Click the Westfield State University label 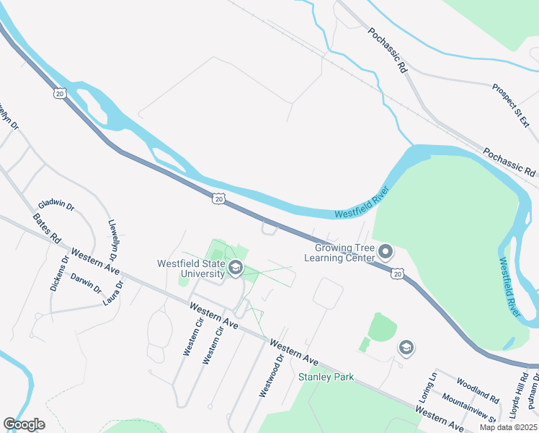[x=192, y=268]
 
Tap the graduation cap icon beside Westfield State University [x=234, y=269]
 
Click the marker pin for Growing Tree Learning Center [x=386, y=253]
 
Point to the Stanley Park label [x=323, y=377]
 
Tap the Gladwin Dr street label [x=57, y=205]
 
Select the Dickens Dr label [x=59, y=274]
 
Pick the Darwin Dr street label [x=86, y=283]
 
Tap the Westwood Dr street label [x=270, y=376]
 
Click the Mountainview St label [x=469, y=408]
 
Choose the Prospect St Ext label [x=516, y=105]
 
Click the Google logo [x=24, y=424]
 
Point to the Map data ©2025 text [x=509, y=427]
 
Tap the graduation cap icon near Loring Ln [x=406, y=349]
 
